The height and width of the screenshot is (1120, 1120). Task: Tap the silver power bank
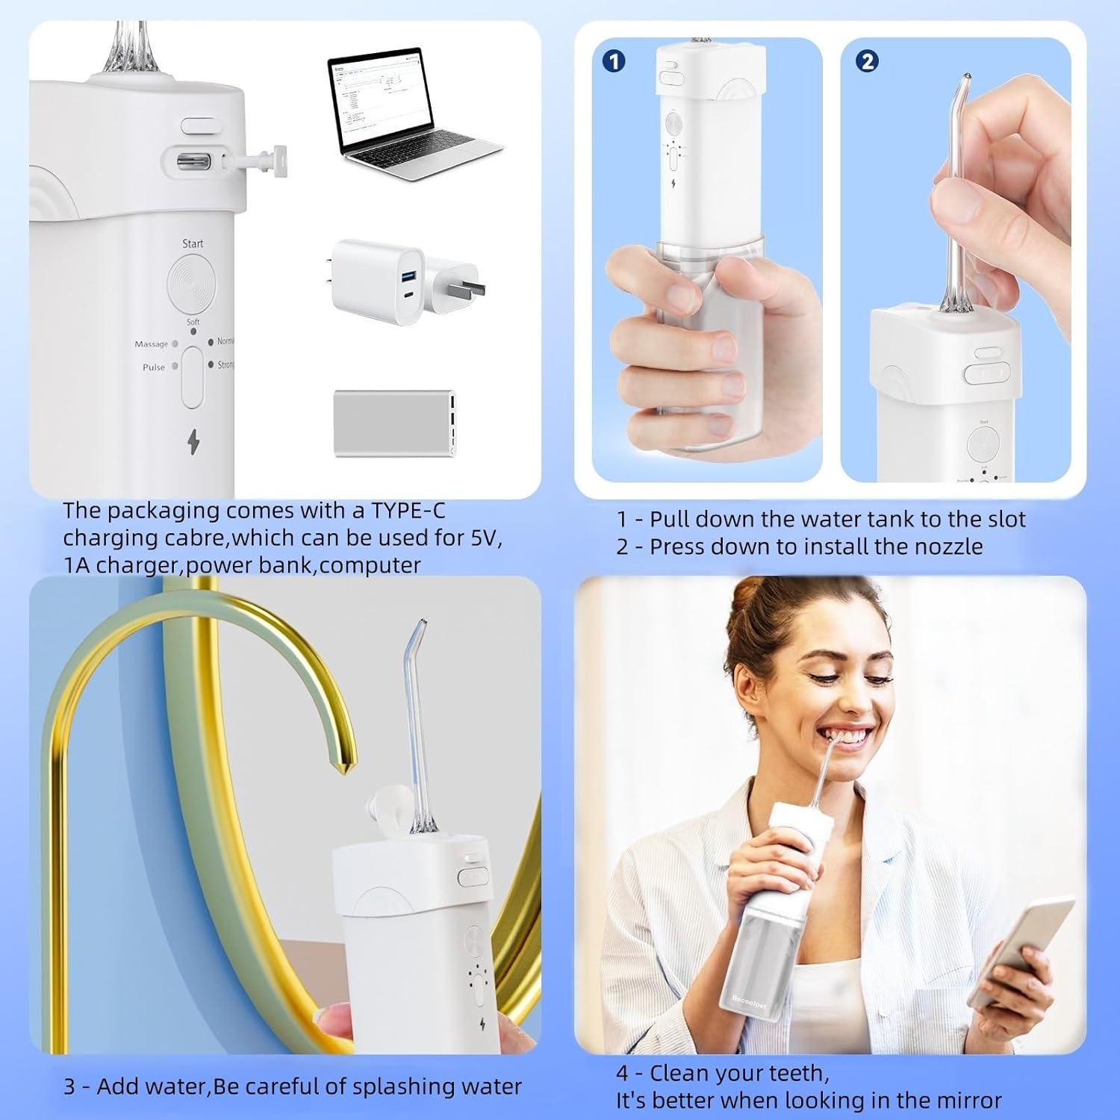click(394, 423)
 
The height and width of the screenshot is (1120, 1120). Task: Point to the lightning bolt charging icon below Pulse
click(193, 442)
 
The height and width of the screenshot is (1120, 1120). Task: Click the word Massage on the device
click(151, 344)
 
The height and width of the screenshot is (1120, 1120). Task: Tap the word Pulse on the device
click(153, 367)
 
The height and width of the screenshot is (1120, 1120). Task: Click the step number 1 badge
click(614, 61)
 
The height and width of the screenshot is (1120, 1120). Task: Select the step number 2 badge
click(867, 61)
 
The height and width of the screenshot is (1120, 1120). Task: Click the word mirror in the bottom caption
click(964, 1101)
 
